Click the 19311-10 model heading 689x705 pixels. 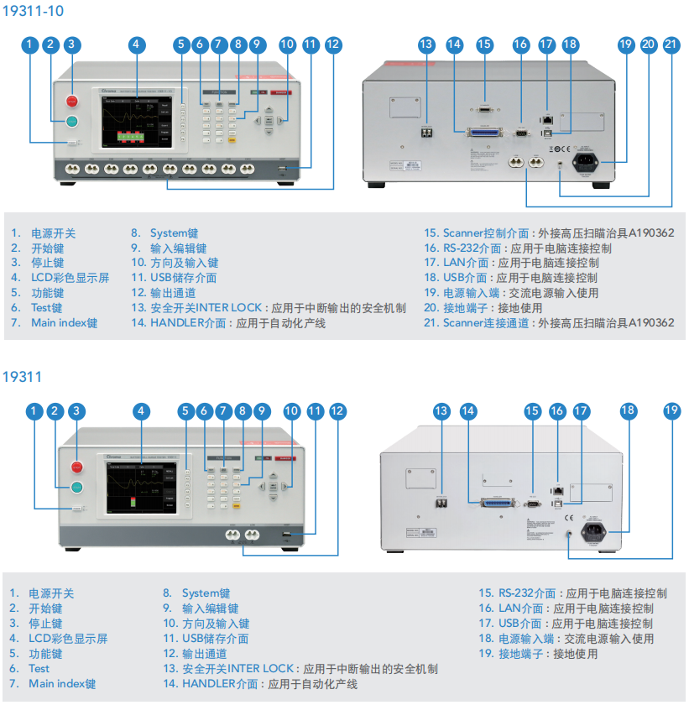(33, 11)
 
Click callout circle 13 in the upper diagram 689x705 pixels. (426, 44)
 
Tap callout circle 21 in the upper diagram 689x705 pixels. (671, 44)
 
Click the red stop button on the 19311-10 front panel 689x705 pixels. (72, 101)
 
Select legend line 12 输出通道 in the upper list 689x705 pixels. (164, 293)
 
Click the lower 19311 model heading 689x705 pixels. (23, 377)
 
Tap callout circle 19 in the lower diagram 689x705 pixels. (671, 410)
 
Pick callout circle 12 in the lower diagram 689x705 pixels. (337, 410)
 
